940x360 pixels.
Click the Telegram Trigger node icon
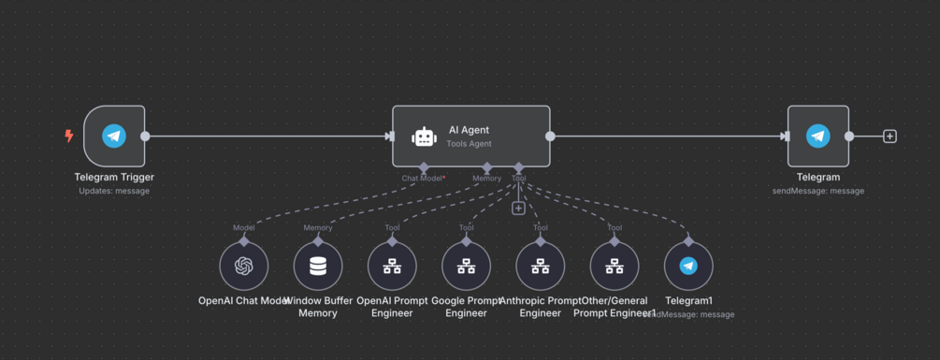pyautogui.click(x=114, y=136)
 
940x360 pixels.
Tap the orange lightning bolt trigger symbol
pyautogui.click(x=68, y=137)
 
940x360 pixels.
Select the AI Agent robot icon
pyautogui.click(x=424, y=137)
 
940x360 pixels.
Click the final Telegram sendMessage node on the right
pyautogui.click(x=817, y=136)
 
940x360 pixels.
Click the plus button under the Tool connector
pyautogui.click(x=518, y=208)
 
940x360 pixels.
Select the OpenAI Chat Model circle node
pyautogui.click(x=244, y=266)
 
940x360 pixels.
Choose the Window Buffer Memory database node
pyautogui.click(x=318, y=266)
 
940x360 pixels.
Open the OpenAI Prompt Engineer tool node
pyautogui.click(x=392, y=266)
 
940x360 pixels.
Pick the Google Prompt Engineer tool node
pyautogui.click(x=466, y=266)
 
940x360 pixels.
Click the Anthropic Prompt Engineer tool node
pyautogui.click(x=540, y=266)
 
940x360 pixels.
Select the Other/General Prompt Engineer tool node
pyautogui.click(x=614, y=266)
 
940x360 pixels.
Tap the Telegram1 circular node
pyautogui.click(x=688, y=266)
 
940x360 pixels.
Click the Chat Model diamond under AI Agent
pyautogui.click(x=424, y=167)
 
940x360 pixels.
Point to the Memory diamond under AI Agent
pyautogui.click(x=486, y=167)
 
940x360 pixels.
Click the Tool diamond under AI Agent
pyautogui.click(x=519, y=167)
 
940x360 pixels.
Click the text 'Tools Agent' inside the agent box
pyautogui.click(x=470, y=144)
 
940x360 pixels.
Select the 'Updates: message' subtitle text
pyautogui.click(x=114, y=191)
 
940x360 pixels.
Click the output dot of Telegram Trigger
pyautogui.click(x=145, y=137)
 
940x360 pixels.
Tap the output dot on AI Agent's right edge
pyautogui.click(x=551, y=137)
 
